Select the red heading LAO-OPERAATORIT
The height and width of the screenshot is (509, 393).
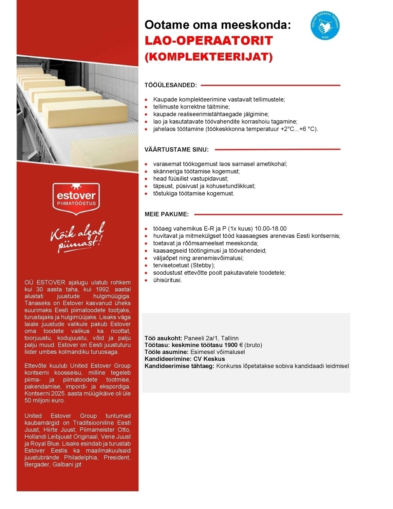coord(209,41)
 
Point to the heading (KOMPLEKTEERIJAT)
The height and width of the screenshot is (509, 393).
coord(208,57)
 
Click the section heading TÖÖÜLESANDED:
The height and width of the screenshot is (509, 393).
coord(171,85)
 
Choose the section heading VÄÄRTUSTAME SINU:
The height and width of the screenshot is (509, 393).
coord(177,149)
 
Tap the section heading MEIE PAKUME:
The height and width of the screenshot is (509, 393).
coord(167,214)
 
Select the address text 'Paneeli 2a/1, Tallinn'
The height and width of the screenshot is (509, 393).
coord(211,338)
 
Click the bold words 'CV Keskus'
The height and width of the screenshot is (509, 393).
coord(209,359)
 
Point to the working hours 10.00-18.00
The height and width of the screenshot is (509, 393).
coord(271,228)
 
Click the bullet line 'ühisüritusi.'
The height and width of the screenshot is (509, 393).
coord(167,280)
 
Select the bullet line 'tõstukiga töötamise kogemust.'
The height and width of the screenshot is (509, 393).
coord(194,193)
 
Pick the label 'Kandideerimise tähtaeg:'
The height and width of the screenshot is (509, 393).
coord(179,366)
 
